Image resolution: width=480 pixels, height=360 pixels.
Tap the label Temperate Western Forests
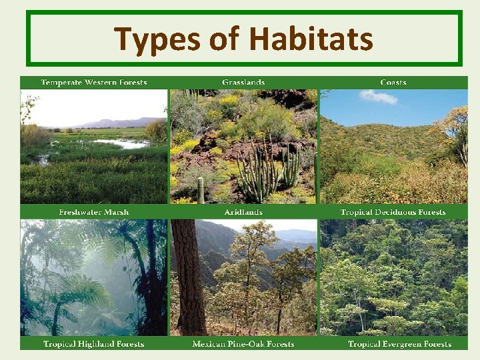tap(94, 83)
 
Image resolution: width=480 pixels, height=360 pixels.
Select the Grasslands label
tap(243, 83)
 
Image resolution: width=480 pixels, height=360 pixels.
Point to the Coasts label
tap(393, 83)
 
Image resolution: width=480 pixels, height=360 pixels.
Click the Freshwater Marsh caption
tap(94, 212)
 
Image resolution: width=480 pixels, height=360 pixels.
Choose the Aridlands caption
tap(243, 212)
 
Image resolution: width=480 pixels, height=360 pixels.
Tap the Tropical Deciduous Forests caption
tap(393, 212)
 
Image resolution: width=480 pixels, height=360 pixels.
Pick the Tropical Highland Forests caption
tap(94, 344)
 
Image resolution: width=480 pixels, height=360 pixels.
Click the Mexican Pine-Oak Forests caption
tap(243, 344)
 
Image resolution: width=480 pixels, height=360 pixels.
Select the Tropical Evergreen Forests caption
tap(399, 344)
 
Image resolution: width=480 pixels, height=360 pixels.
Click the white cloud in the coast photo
tap(378, 97)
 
